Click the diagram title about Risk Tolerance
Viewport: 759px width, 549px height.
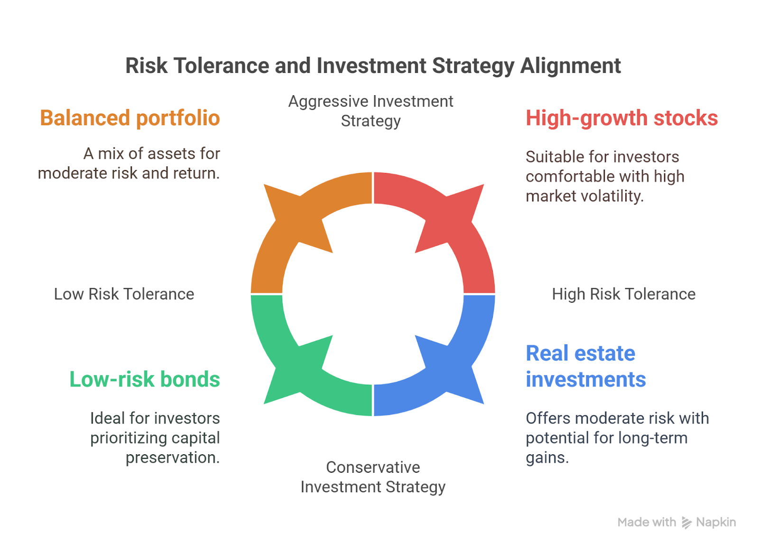click(x=373, y=66)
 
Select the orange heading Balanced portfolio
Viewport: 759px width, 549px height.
click(x=130, y=118)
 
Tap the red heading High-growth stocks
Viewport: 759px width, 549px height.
click(x=621, y=118)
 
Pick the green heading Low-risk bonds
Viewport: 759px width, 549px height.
click(x=145, y=379)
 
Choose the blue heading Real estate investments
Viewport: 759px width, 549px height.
click(x=585, y=366)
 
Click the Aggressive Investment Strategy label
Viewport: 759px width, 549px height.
click(x=370, y=111)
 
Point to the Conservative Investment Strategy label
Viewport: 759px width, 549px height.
click(x=373, y=477)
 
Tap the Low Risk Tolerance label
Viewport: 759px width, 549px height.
click(x=124, y=294)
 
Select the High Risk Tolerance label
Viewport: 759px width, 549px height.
click(x=623, y=294)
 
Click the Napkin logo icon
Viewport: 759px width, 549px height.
click(x=686, y=522)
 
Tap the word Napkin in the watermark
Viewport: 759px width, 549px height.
click(x=716, y=522)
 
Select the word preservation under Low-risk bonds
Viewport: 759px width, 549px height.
click(x=172, y=458)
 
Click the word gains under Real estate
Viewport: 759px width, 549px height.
click(x=546, y=458)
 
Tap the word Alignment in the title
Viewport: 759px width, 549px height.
click(x=570, y=66)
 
